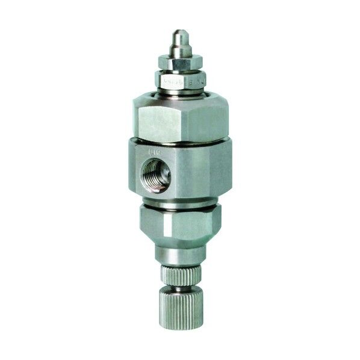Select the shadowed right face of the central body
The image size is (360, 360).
pos(220,172)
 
